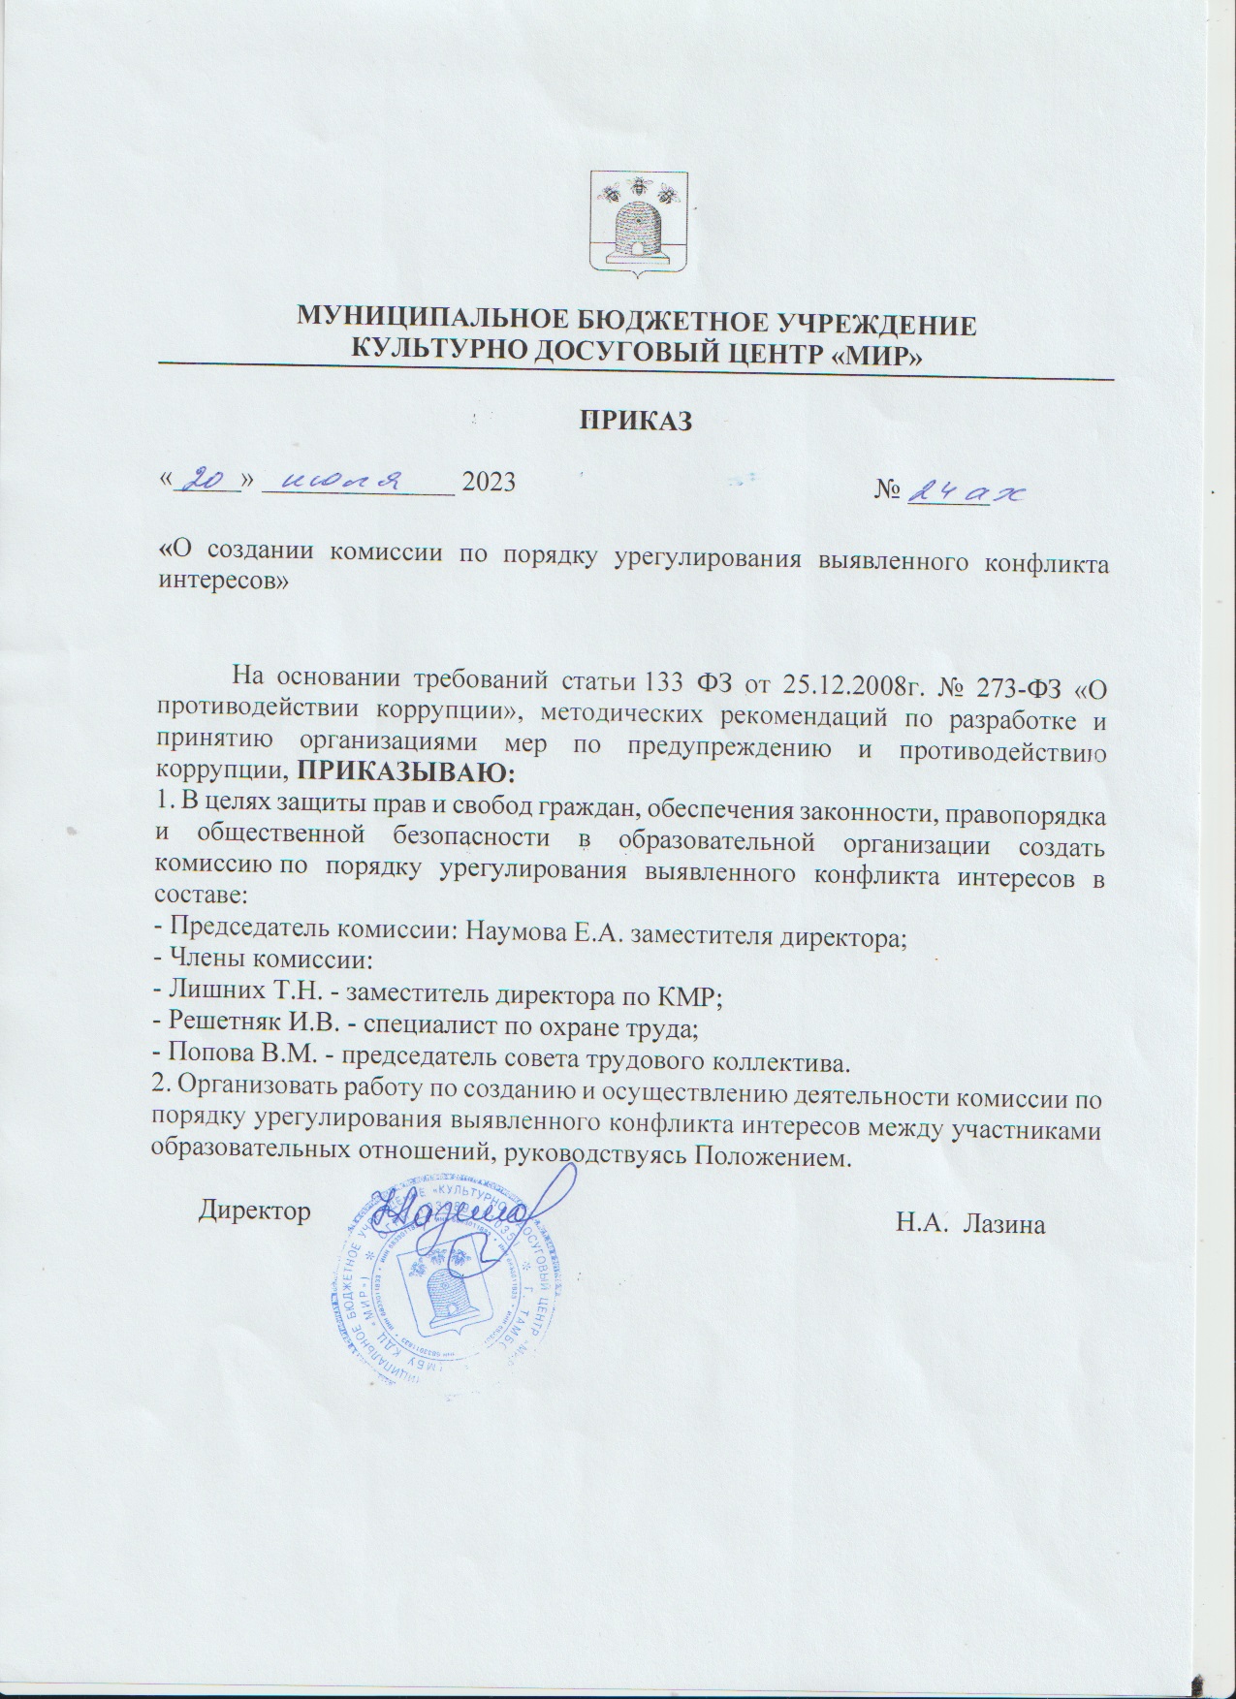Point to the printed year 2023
[x=490, y=482]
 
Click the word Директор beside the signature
[x=255, y=1211]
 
